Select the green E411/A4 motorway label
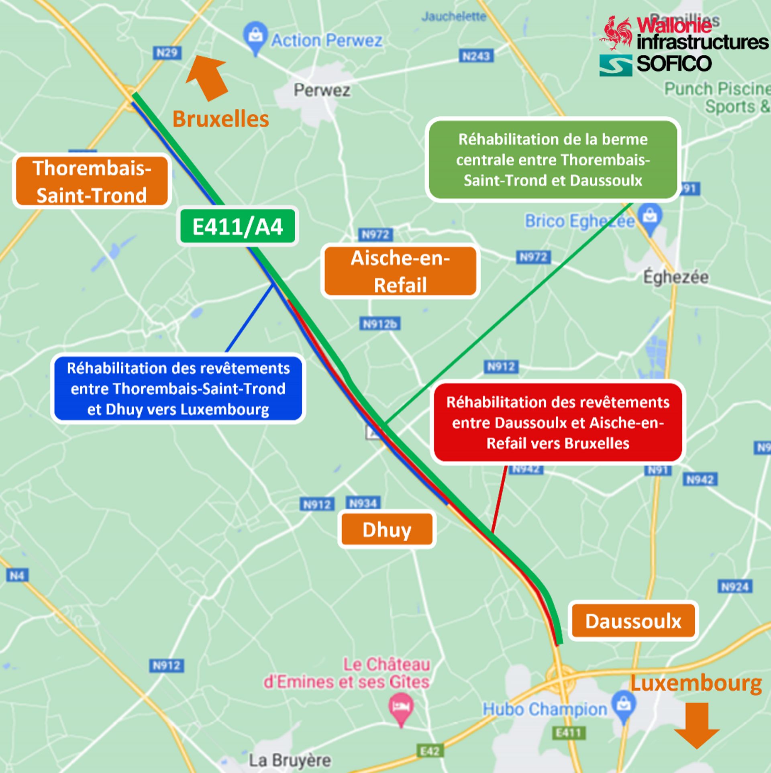[x=237, y=226]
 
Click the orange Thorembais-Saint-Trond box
[x=92, y=181]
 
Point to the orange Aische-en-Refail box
[x=400, y=271]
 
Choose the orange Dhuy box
[x=387, y=530]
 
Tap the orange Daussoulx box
[x=633, y=621]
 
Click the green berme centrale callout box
[x=553, y=160]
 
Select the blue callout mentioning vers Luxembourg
[x=178, y=389]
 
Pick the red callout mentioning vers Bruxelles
[x=558, y=423]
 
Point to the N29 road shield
[x=167, y=53]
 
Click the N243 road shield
[x=476, y=56]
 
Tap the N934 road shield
[x=363, y=503]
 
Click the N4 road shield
[x=16, y=576]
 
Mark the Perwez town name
[x=322, y=90]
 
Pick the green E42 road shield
[x=430, y=751]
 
